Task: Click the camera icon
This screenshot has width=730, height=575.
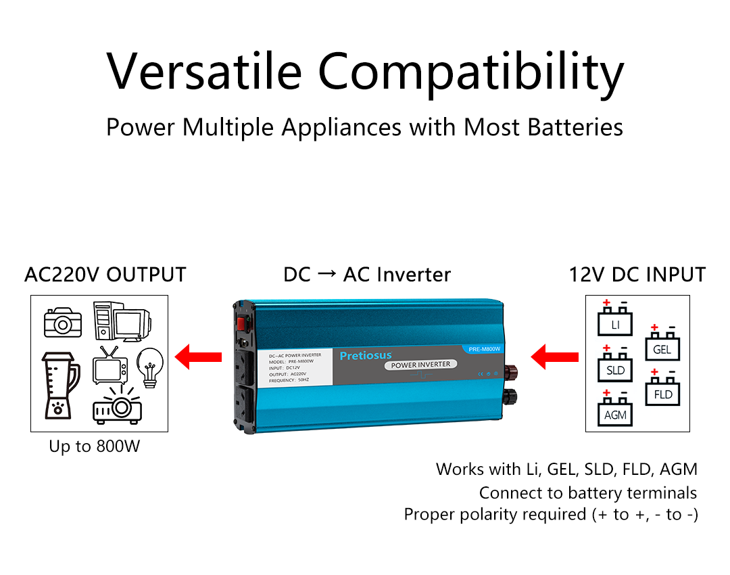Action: click(63, 323)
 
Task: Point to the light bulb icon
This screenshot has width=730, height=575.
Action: click(150, 366)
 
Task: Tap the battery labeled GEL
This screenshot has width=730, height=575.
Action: click(662, 346)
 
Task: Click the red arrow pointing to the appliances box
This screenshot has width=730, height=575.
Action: click(199, 356)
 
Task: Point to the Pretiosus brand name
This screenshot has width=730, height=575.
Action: click(365, 355)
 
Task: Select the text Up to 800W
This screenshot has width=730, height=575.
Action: click(95, 446)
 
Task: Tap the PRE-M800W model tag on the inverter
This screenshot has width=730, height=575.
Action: click(484, 349)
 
